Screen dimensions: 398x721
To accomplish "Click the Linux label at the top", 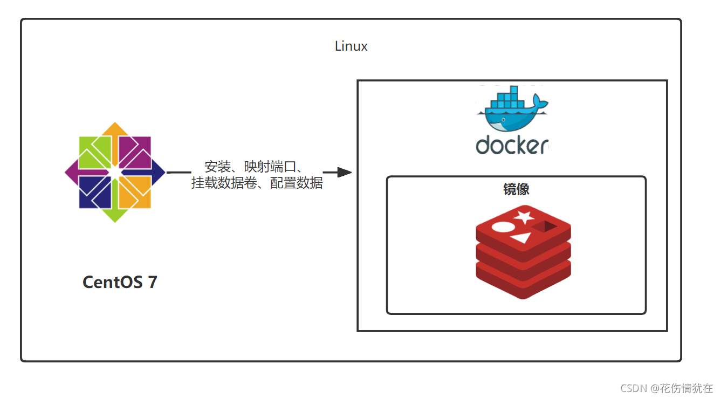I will point(351,46).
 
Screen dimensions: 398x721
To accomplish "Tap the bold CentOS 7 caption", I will point(120,282).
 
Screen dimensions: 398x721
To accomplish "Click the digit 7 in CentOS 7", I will point(152,282).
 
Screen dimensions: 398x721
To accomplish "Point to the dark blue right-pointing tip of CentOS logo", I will point(160,173).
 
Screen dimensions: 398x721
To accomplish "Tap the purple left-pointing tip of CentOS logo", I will point(70,173).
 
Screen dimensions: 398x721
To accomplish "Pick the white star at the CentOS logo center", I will point(115,173).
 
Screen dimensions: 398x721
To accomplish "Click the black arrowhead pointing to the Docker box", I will point(344,173).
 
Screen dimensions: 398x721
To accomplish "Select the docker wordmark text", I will point(512,145).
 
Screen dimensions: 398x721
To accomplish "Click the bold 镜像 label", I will point(516,189).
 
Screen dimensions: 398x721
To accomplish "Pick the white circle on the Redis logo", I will point(502,227).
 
